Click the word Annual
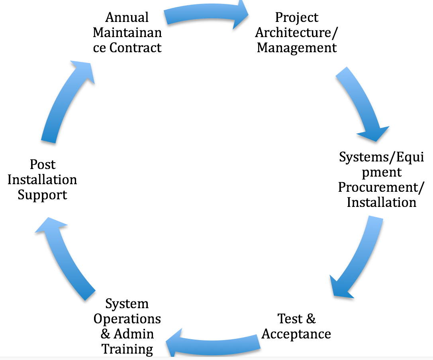[x=127, y=18]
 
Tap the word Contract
[x=135, y=48]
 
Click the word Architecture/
[x=297, y=33]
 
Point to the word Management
[x=297, y=48]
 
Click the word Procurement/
[x=381, y=188]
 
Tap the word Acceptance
[x=296, y=334]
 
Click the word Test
[x=290, y=319]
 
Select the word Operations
[x=127, y=319]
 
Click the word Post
[x=43, y=165]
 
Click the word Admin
[x=134, y=334]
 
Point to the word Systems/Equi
[x=381, y=157]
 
